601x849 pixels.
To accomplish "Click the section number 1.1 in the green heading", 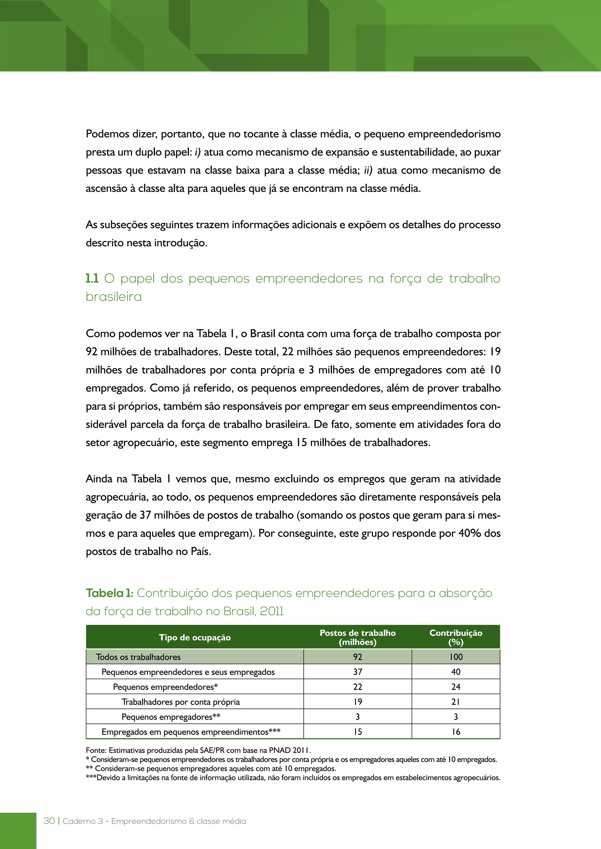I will (92, 279).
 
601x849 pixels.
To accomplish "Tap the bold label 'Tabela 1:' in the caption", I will (109, 593).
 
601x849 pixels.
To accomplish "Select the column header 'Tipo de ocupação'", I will (195, 637).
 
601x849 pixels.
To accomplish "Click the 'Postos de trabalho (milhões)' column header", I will (357, 637).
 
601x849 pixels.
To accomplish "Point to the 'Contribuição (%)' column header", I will (455, 637).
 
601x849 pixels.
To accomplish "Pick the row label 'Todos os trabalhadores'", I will (138, 657).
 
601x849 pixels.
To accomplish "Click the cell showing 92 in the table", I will (357, 657).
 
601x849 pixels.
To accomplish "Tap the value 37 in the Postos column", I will (357, 672).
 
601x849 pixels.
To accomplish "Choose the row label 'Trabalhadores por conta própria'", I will (180, 702).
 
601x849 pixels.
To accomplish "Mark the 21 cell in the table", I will (455, 702).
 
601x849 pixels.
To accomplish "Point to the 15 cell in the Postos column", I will (357, 732).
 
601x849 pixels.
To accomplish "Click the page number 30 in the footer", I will (49, 821).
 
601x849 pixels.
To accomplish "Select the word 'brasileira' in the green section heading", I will (114, 297).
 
